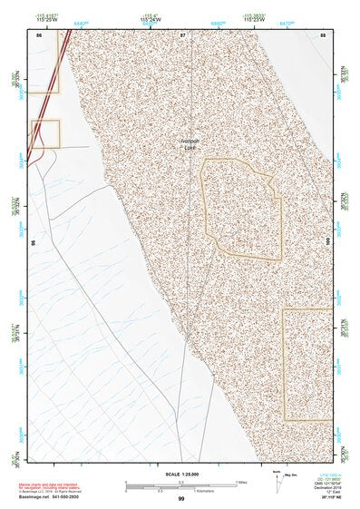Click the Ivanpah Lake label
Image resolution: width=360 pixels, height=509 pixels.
190,144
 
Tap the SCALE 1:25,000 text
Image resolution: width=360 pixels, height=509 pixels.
180,475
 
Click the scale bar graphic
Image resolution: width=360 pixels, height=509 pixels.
180,485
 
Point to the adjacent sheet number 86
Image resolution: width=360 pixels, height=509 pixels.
39,34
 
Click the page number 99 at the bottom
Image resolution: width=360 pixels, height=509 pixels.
180,499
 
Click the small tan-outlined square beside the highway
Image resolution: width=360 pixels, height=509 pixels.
45,133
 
